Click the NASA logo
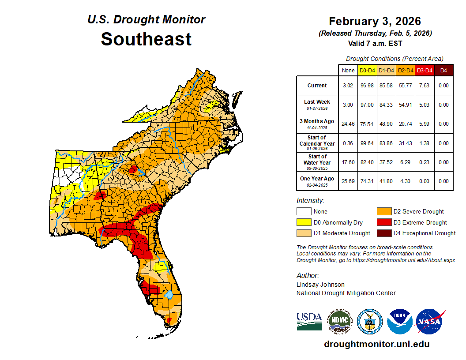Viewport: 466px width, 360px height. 430,322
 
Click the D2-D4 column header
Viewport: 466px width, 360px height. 406,70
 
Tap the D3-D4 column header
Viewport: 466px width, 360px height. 425,70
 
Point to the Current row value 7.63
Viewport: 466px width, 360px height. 425,86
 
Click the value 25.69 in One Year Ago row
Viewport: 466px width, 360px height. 348,181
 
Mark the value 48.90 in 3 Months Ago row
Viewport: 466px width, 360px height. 387,124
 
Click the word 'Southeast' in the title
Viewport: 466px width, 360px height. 146,39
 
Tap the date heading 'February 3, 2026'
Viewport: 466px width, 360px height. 375,21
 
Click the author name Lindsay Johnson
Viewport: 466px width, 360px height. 320,285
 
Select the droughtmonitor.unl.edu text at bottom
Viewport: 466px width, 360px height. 376,344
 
